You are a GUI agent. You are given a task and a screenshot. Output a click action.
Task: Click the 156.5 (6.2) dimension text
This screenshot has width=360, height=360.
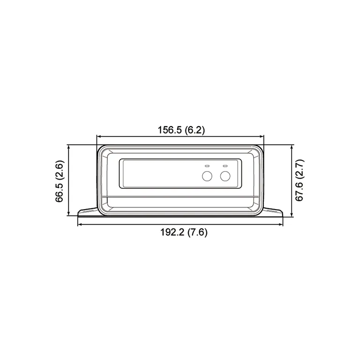tap(180, 130)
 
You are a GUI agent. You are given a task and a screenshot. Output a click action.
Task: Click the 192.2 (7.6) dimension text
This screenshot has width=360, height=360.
tap(180, 232)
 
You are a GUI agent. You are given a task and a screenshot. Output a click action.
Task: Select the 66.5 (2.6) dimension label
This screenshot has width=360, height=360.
tap(60, 180)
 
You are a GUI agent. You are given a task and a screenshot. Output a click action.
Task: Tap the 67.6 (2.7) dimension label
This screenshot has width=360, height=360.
tap(300, 180)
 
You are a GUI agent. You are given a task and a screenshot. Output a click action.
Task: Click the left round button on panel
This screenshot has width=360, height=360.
tap(207, 176)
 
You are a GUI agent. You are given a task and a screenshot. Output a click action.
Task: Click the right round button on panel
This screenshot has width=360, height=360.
tap(225, 176)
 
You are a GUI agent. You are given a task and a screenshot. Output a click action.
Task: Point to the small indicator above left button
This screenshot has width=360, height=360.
tap(207, 165)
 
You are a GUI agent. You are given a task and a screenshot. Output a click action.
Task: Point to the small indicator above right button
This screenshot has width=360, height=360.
tap(225, 165)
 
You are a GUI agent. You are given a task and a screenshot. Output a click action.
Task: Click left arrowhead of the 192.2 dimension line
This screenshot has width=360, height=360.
tap(79, 225)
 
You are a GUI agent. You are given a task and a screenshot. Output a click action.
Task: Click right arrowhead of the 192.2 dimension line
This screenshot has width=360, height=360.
tap(282, 225)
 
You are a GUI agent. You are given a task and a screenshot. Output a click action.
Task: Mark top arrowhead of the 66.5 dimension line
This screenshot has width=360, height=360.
tap(69, 147)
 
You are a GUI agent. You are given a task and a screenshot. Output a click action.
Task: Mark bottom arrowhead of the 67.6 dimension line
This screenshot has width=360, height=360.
tap(292, 215)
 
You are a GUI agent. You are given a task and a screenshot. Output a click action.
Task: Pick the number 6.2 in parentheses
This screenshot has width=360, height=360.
tap(195, 130)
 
